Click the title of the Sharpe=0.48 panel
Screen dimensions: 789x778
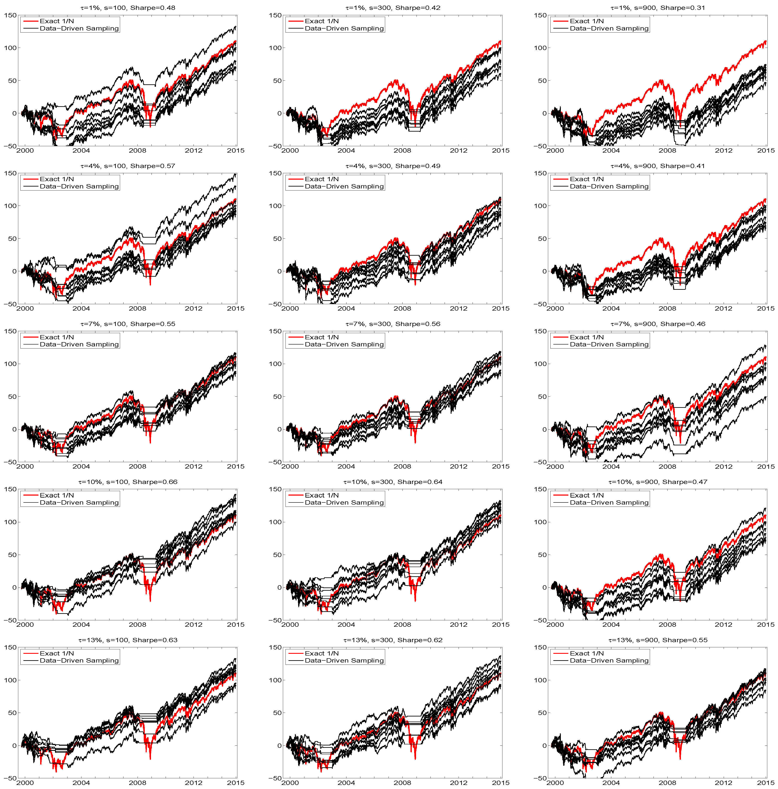click(x=128, y=8)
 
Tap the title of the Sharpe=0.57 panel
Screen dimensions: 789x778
click(x=128, y=166)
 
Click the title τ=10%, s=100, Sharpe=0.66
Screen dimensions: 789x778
click(x=128, y=482)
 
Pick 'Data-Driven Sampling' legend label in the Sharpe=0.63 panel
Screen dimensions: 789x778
click(x=79, y=660)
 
